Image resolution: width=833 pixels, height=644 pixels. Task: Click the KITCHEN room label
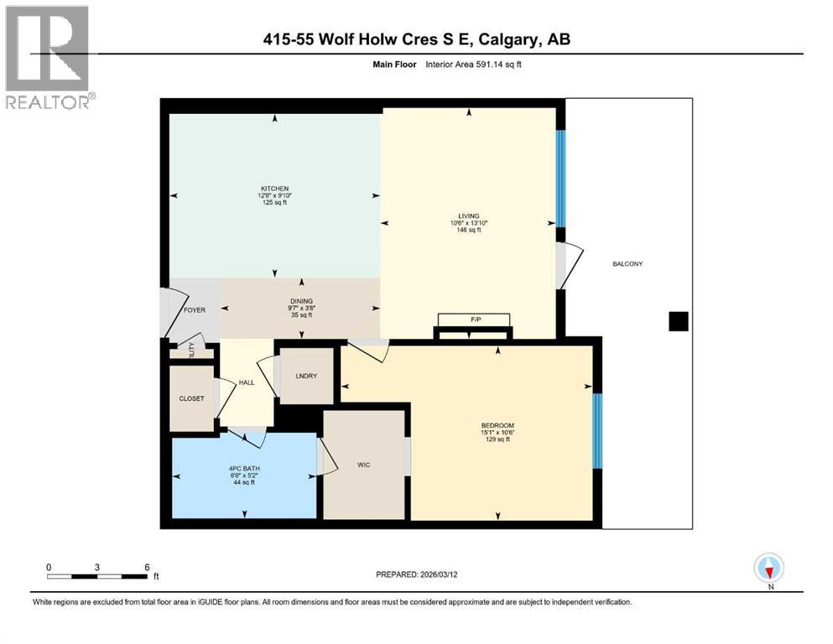274,189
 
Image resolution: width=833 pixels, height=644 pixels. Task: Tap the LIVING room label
468,215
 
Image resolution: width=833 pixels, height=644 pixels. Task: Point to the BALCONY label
627,264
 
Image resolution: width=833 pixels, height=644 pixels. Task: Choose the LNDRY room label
306,376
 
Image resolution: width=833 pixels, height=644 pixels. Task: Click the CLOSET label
191,398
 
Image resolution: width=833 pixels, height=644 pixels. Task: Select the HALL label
247,382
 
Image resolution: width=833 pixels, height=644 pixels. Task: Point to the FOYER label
194,309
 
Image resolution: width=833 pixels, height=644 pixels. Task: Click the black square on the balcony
678,321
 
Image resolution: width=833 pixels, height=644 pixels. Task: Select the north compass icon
769,569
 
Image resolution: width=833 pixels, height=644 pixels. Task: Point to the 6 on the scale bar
147,567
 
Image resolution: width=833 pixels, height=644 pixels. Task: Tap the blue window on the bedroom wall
596,431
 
